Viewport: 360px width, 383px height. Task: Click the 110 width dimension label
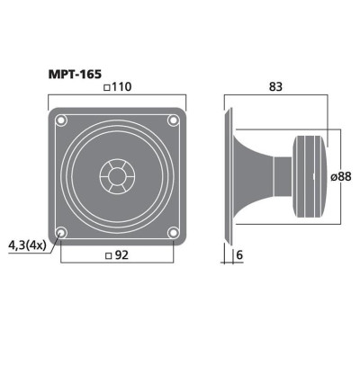click(122, 87)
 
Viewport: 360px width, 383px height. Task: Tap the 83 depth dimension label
click(278, 87)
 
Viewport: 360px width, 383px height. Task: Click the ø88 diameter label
click(343, 178)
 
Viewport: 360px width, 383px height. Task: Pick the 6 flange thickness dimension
click(238, 255)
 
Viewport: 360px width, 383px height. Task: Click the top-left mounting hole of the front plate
click(60, 120)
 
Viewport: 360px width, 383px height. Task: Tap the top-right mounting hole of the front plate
click(174, 120)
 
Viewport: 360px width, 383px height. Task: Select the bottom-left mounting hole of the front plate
click(60, 234)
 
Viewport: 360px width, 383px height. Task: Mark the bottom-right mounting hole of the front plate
click(174, 234)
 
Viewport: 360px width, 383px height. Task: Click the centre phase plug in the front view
click(117, 176)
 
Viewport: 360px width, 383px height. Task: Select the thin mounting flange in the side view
click(229, 175)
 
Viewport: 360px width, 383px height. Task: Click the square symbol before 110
click(107, 87)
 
